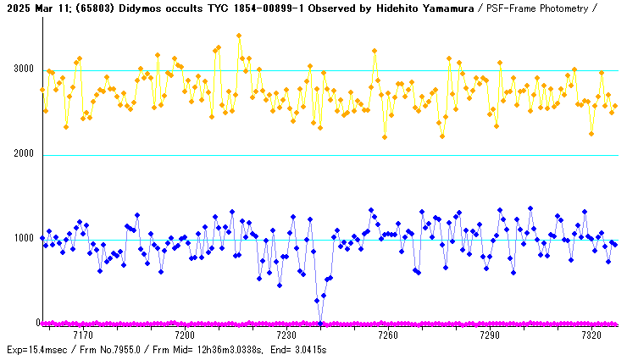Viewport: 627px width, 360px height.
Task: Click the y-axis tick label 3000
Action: [23, 69]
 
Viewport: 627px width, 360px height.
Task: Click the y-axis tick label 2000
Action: [23, 154]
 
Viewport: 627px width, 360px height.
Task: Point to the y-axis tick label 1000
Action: [23, 239]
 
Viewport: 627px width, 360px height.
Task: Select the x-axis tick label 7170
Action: [84, 336]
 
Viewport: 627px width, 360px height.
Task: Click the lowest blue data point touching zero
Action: [320, 322]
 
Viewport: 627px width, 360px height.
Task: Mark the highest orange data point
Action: [239, 36]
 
